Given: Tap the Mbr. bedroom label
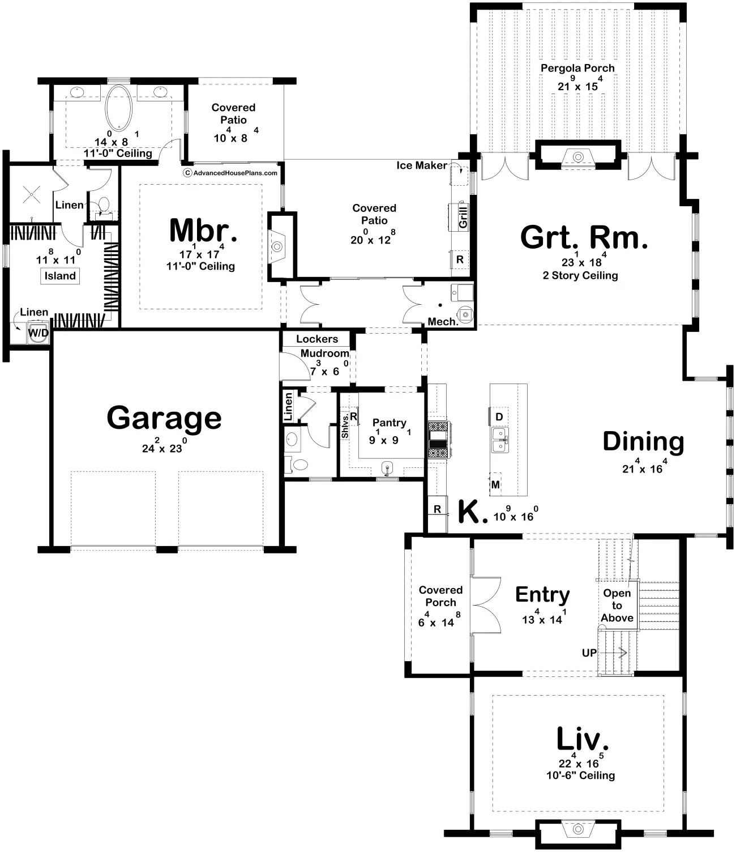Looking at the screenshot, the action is [x=203, y=231].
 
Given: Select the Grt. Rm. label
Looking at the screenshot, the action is [x=584, y=238].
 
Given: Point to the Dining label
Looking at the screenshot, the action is [x=643, y=441].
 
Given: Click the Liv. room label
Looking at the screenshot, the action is [x=582, y=739].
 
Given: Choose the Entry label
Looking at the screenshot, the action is [x=542, y=595].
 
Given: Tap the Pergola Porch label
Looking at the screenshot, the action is [x=577, y=69].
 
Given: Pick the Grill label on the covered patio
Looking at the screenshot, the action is [x=463, y=217].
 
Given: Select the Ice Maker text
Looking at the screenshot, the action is [x=421, y=165].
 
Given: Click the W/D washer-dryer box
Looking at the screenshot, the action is [x=38, y=333].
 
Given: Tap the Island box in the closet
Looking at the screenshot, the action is [x=60, y=276].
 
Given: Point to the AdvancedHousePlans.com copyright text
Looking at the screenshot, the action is [x=230, y=173].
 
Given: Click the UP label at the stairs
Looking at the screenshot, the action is [x=589, y=653].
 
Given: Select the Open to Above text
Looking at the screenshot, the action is [x=617, y=605].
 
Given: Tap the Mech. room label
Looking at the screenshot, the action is [x=443, y=322].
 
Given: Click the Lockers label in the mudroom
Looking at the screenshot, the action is [x=316, y=339].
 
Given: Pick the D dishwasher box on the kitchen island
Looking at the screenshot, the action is [x=499, y=417].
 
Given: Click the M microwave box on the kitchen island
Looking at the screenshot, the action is [x=495, y=485].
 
